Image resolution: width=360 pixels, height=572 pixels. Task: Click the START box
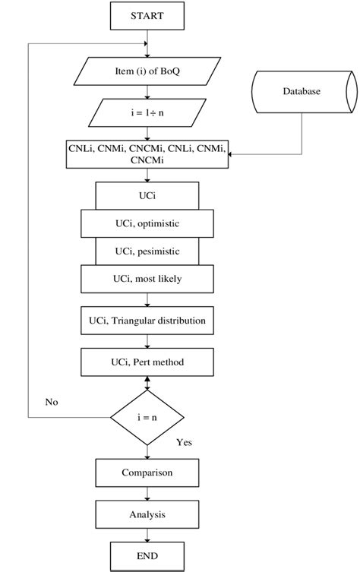tap(147, 14)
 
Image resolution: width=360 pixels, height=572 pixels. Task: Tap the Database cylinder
tap(302, 92)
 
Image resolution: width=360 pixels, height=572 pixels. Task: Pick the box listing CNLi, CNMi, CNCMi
tap(147, 155)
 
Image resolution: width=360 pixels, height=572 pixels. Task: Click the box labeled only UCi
tap(147, 195)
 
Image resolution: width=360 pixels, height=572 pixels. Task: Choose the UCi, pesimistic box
tap(147, 251)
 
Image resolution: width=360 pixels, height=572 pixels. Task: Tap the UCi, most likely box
tap(147, 278)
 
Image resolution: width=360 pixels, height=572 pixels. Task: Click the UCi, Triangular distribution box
tap(147, 321)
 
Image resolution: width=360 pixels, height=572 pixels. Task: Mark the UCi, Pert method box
tap(147, 362)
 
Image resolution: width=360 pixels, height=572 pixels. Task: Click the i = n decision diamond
tap(147, 418)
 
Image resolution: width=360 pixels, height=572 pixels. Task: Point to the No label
tap(52, 400)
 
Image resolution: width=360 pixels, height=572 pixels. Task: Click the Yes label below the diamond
tap(185, 442)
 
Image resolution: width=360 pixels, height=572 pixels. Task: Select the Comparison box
tap(147, 472)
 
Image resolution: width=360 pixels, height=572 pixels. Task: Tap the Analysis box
tap(147, 514)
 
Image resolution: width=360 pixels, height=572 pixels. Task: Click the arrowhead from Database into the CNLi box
tap(233, 155)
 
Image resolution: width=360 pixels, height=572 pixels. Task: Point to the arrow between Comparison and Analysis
tap(147, 493)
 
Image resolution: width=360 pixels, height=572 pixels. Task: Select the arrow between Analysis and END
tap(147, 535)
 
